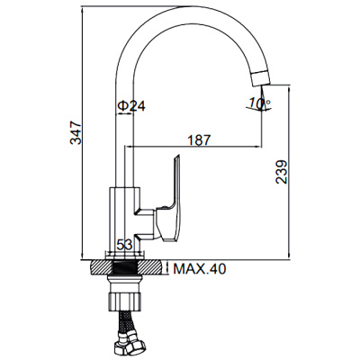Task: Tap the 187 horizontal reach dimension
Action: [x=200, y=139]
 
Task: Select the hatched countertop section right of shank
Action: [x=154, y=267]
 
